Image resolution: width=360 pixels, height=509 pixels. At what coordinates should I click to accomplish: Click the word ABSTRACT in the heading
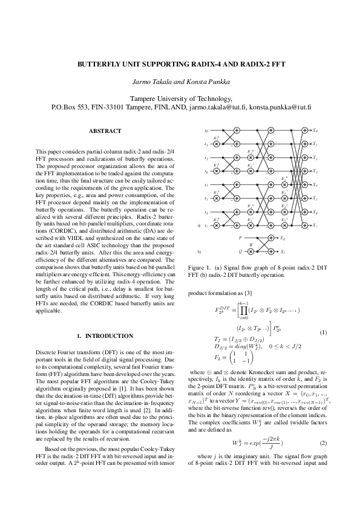pyautogui.click(x=105, y=131)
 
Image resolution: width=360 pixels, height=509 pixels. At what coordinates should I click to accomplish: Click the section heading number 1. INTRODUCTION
pyautogui.click(x=105, y=336)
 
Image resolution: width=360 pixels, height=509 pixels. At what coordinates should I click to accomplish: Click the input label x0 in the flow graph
pyautogui.click(x=206, y=130)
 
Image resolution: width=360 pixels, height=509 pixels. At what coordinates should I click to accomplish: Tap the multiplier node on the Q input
pyautogui.click(x=257, y=251)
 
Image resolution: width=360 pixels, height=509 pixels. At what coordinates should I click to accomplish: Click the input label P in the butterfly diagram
pyautogui.click(x=240, y=238)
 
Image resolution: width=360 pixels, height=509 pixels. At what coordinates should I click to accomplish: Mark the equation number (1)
pyautogui.click(x=323, y=333)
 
